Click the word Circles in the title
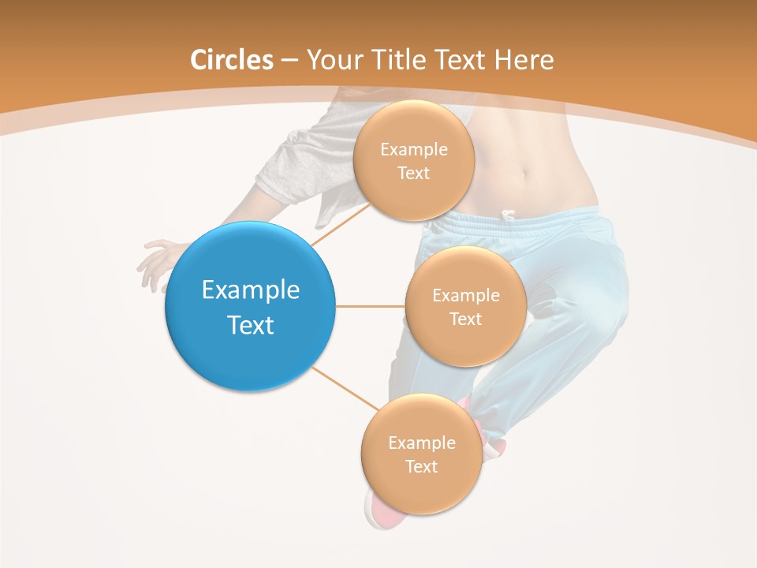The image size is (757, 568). tap(232, 60)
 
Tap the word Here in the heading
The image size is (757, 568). tap(524, 60)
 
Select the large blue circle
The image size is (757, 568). tap(250, 307)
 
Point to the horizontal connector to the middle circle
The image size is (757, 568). tap(371, 306)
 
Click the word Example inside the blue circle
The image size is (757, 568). tap(250, 290)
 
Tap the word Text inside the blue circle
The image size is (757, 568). tap(250, 325)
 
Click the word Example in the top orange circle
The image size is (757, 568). tap(413, 149)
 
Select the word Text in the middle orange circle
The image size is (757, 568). tap(465, 319)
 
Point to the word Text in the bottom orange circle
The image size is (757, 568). tap(421, 466)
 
